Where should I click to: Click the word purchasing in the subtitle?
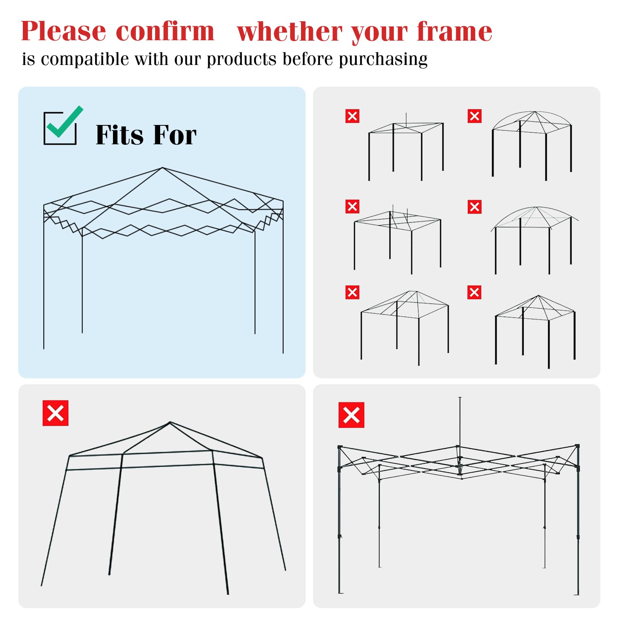pyautogui.click(x=383, y=60)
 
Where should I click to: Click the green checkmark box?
pyautogui.click(x=62, y=126)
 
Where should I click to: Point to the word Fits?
pyautogui.click(x=120, y=135)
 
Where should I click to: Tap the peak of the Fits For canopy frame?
pyautogui.click(x=162, y=168)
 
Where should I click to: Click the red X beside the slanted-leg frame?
pyautogui.click(x=55, y=413)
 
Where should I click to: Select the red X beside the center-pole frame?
pyautogui.click(x=351, y=415)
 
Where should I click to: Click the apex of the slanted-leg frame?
pyautogui.click(x=170, y=422)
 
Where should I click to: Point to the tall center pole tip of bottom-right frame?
pyautogui.click(x=460, y=398)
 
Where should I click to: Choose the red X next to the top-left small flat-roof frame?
pyautogui.click(x=352, y=116)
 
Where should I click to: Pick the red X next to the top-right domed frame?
pyautogui.click(x=475, y=116)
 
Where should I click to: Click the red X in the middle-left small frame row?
pyautogui.click(x=352, y=207)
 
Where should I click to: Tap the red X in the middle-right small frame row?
pyautogui.click(x=475, y=207)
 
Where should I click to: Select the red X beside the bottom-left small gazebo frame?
pyautogui.click(x=352, y=292)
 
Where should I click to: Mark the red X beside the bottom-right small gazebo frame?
pyautogui.click(x=474, y=292)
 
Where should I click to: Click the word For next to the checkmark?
pyautogui.click(x=175, y=135)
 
